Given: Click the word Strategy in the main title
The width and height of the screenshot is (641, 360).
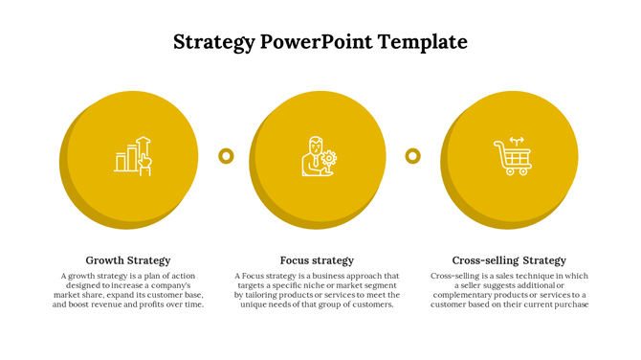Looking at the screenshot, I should pyautogui.click(x=214, y=42).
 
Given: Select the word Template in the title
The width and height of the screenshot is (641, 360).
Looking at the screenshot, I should pyautogui.click(x=422, y=42).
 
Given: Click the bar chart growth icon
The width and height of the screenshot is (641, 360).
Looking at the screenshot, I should pyautogui.click(x=133, y=155).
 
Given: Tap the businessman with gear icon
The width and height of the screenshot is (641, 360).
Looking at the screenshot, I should pyautogui.click(x=319, y=156).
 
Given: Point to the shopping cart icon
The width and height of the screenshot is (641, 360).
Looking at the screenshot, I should pyautogui.click(x=512, y=156).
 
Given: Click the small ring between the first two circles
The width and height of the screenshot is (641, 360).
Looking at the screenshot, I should pyautogui.click(x=226, y=155).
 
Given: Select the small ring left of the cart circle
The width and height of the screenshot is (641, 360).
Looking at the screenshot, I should pyautogui.click(x=413, y=155).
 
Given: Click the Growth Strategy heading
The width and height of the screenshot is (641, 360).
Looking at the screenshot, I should pyautogui.click(x=128, y=260).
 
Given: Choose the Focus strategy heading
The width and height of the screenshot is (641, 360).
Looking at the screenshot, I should pyautogui.click(x=317, y=260).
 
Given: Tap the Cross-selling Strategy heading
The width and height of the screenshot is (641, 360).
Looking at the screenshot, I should pyautogui.click(x=509, y=260).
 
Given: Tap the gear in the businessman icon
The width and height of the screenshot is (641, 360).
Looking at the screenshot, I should pyautogui.click(x=329, y=157).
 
